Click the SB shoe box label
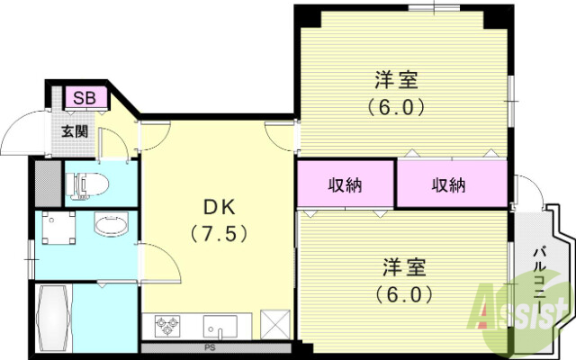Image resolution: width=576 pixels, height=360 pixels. pos(86,97)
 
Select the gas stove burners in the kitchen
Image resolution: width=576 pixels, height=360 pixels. pos(169,324)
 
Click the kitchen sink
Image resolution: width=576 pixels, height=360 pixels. pos(219,324)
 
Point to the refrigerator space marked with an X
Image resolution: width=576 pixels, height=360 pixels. pos(274,323)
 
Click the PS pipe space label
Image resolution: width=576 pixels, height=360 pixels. pos(210,346)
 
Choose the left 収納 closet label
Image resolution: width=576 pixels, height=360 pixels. pos(345,185)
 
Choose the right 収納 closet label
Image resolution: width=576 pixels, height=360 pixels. pos(447,185)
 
